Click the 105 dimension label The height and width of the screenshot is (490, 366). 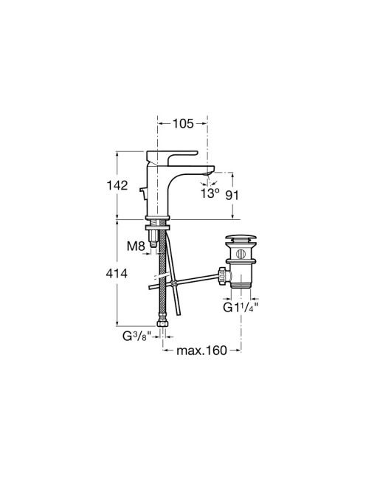point(184,123)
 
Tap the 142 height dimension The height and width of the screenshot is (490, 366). point(117,186)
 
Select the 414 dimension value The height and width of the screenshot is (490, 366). point(117,274)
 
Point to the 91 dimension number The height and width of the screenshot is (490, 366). point(232,196)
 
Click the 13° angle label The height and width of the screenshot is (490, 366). point(210,193)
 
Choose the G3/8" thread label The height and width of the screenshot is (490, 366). point(137,337)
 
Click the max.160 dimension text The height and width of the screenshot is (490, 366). point(201,351)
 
